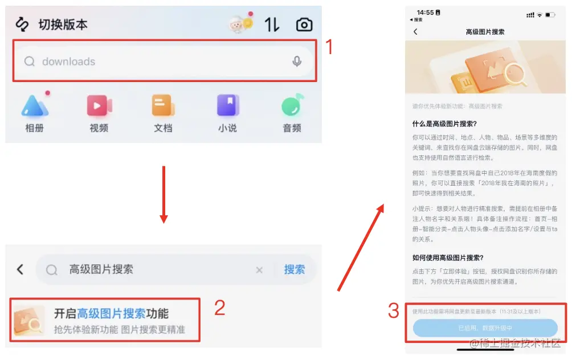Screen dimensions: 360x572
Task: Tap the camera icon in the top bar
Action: point(304,24)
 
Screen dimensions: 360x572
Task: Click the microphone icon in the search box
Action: point(296,62)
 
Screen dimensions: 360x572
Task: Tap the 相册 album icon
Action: point(35,107)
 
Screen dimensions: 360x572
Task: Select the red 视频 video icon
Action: point(99,107)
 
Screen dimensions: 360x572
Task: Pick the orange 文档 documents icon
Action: point(163,107)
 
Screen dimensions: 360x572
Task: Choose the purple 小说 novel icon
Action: point(227,107)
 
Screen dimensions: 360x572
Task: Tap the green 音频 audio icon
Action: point(292,107)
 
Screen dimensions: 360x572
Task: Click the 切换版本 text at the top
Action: point(63,24)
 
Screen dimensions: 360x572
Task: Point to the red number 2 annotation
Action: point(219,308)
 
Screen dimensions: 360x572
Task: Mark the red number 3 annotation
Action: point(393,311)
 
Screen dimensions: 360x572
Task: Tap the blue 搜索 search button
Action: point(294,269)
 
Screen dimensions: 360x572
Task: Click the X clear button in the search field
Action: point(259,270)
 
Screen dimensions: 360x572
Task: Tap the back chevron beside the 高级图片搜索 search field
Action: point(21,269)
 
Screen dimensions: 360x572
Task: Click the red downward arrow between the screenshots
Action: point(164,194)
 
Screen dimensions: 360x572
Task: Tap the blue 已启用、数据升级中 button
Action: point(485,328)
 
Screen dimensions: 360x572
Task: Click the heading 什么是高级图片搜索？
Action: point(444,124)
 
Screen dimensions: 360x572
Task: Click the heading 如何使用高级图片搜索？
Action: point(448,257)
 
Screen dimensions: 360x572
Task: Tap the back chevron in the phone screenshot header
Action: point(415,32)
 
